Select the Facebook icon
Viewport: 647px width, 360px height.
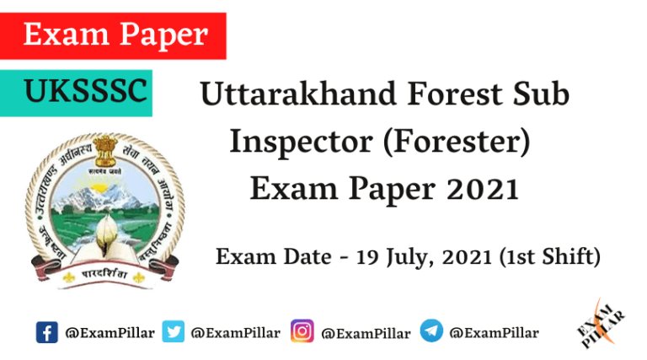click(x=47, y=332)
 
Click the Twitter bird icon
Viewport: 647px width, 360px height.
click(x=174, y=332)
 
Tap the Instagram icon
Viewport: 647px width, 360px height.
click(x=302, y=332)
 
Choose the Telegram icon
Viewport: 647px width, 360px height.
click(x=432, y=332)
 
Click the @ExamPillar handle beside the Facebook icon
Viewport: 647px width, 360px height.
click(x=106, y=333)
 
